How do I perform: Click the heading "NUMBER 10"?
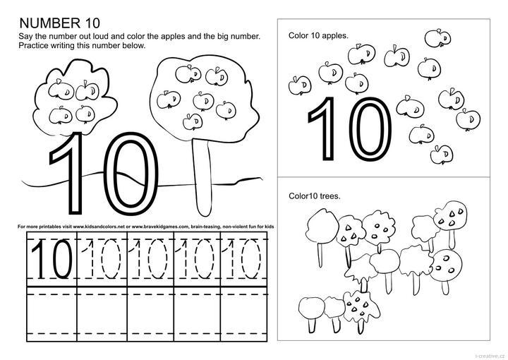[59, 23]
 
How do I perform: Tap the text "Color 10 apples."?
[318, 35]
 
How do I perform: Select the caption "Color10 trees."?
[315, 196]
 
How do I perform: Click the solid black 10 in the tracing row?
[52, 259]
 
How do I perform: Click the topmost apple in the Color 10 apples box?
[437, 38]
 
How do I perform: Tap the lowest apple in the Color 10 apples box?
[441, 155]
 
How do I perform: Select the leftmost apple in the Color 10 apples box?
[300, 85]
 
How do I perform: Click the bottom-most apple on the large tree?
[193, 122]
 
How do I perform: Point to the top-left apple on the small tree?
[61, 90]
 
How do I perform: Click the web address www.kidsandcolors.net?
[99, 227]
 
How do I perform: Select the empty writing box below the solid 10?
[52, 313]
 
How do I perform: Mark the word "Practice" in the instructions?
[32, 45]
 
